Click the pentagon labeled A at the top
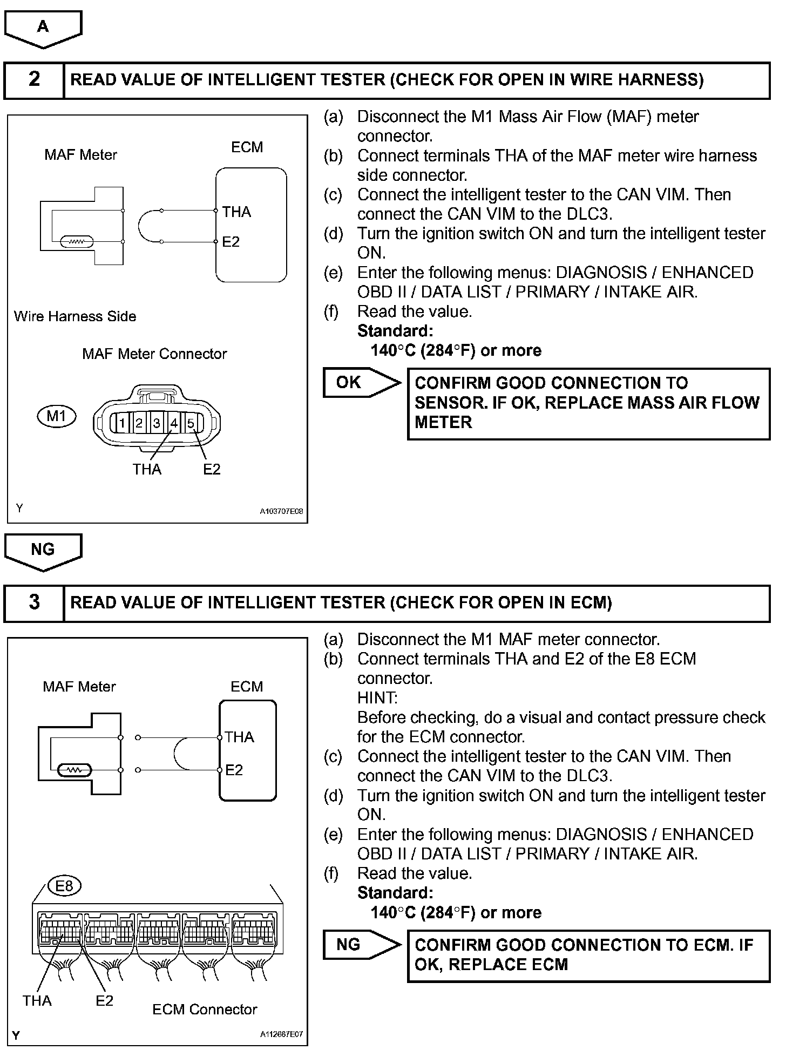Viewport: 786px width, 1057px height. click(x=43, y=28)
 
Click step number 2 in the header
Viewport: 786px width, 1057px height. click(x=34, y=80)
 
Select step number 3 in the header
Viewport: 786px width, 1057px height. click(x=34, y=602)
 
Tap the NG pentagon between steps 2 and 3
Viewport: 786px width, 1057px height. click(x=43, y=551)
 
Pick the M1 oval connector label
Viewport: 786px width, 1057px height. click(x=57, y=416)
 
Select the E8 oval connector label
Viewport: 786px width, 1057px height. click(x=64, y=886)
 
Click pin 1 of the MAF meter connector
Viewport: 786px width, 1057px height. click(x=122, y=423)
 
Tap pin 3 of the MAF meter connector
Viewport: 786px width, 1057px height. click(x=157, y=423)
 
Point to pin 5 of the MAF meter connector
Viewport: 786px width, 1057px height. click(x=191, y=423)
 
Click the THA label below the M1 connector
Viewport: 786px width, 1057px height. click(x=147, y=470)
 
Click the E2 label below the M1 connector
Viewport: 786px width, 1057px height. click(x=212, y=470)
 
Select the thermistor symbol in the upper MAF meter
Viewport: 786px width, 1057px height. click(x=77, y=242)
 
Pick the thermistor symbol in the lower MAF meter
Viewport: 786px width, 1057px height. click(x=75, y=770)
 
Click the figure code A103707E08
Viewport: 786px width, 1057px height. click(x=281, y=511)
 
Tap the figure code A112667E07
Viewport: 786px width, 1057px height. click(x=281, y=1034)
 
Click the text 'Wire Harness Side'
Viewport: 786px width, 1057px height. click(x=75, y=316)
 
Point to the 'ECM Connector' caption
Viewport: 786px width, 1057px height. click(x=205, y=1009)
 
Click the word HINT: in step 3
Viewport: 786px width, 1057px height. click(x=377, y=698)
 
